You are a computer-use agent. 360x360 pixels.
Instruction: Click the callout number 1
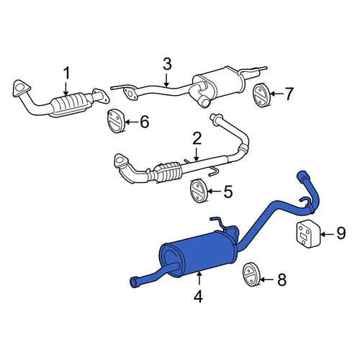click(x=66, y=73)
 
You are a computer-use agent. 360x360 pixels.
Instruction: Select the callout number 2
click(x=197, y=139)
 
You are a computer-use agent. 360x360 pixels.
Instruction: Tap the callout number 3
click(x=167, y=65)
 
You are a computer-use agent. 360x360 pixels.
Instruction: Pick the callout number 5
click(x=228, y=192)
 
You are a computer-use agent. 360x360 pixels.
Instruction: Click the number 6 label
click(x=145, y=122)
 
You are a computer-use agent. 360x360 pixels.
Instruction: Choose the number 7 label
click(x=288, y=94)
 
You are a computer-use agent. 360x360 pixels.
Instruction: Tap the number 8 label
click(x=282, y=279)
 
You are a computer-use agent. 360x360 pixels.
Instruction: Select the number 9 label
click(x=341, y=233)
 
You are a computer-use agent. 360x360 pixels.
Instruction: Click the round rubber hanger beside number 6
click(x=115, y=120)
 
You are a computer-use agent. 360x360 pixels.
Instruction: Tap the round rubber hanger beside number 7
click(x=262, y=94)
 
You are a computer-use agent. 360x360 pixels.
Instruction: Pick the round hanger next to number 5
click(x=199, y=191)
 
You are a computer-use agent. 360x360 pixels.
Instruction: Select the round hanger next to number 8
click(x=251, y=274)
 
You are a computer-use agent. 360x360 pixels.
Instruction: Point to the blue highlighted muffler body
click(x=199, y=255)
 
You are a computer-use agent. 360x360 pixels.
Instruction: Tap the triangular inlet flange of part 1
click(x=21, y=88)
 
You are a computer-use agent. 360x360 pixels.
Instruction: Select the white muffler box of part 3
click(x=218, y=81)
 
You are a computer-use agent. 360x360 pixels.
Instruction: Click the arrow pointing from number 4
click(x=199, y=279)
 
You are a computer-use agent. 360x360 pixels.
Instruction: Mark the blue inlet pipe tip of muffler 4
click(x=303, y=174)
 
